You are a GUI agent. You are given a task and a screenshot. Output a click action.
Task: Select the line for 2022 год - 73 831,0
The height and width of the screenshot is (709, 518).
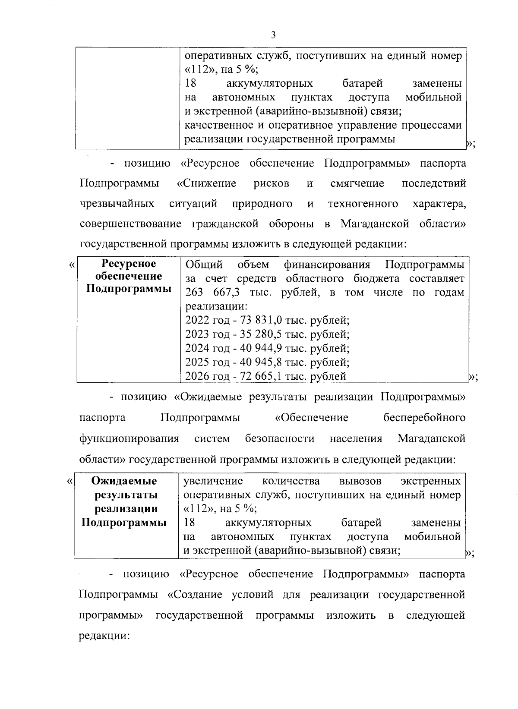coord(267,321)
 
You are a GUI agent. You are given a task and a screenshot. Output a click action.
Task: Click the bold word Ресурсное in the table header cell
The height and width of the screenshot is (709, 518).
coord(128,264)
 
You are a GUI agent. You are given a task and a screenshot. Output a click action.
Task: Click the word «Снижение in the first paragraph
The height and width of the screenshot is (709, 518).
coord(206,183)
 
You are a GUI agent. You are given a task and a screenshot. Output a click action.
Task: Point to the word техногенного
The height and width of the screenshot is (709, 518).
coord(363,204)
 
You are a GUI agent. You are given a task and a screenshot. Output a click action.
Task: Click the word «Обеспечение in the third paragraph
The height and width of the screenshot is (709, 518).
coord(311,418)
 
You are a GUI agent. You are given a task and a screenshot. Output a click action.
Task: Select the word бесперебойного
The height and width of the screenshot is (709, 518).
coord(424,418)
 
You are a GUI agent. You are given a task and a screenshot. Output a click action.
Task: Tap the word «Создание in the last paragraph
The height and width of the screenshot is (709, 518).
coord(196,595)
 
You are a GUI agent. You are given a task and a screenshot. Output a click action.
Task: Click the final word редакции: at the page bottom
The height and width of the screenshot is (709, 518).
coord(105,636)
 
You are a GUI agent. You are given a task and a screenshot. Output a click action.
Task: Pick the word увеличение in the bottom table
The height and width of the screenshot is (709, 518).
coord(213,481)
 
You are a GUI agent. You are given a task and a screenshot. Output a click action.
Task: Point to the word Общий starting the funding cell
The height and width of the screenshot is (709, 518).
coord(204,264)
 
